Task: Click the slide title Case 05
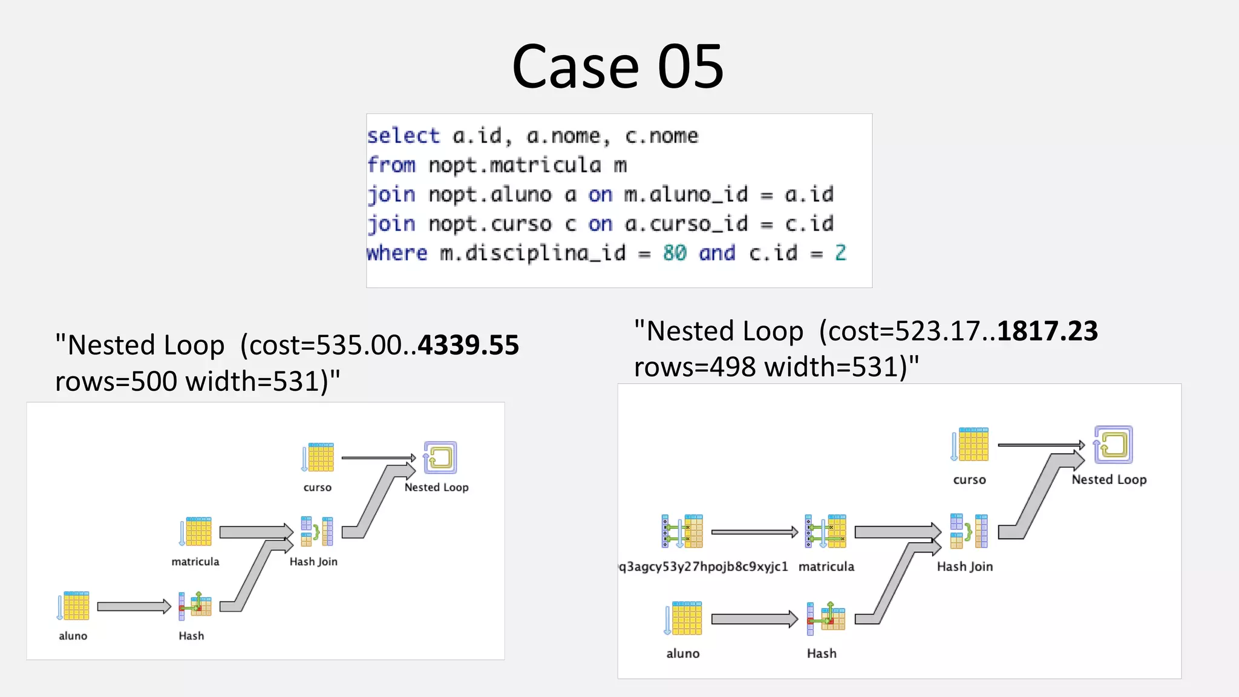click(618, 67)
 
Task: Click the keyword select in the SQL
click(404, 136)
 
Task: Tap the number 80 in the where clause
click(675, 252)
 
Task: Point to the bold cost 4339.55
click(468, 345)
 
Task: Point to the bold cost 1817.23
click(1047, 331)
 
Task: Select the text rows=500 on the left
click(116, 381)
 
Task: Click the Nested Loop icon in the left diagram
click(440, 457)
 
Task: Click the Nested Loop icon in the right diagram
click(1113, 445)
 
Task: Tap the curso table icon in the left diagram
click(318, 457)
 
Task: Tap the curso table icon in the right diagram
click(970, 445)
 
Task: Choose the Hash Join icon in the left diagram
click(317, 532)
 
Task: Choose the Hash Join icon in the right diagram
click(969, 531)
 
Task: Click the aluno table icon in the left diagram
click(74, 606)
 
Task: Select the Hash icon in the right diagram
click(826, 618)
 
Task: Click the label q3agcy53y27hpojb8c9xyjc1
click(704, 567)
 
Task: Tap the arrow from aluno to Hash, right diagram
click(754, 619)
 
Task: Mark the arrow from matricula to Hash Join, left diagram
click(255, 532)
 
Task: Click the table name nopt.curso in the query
click(490, 224)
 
